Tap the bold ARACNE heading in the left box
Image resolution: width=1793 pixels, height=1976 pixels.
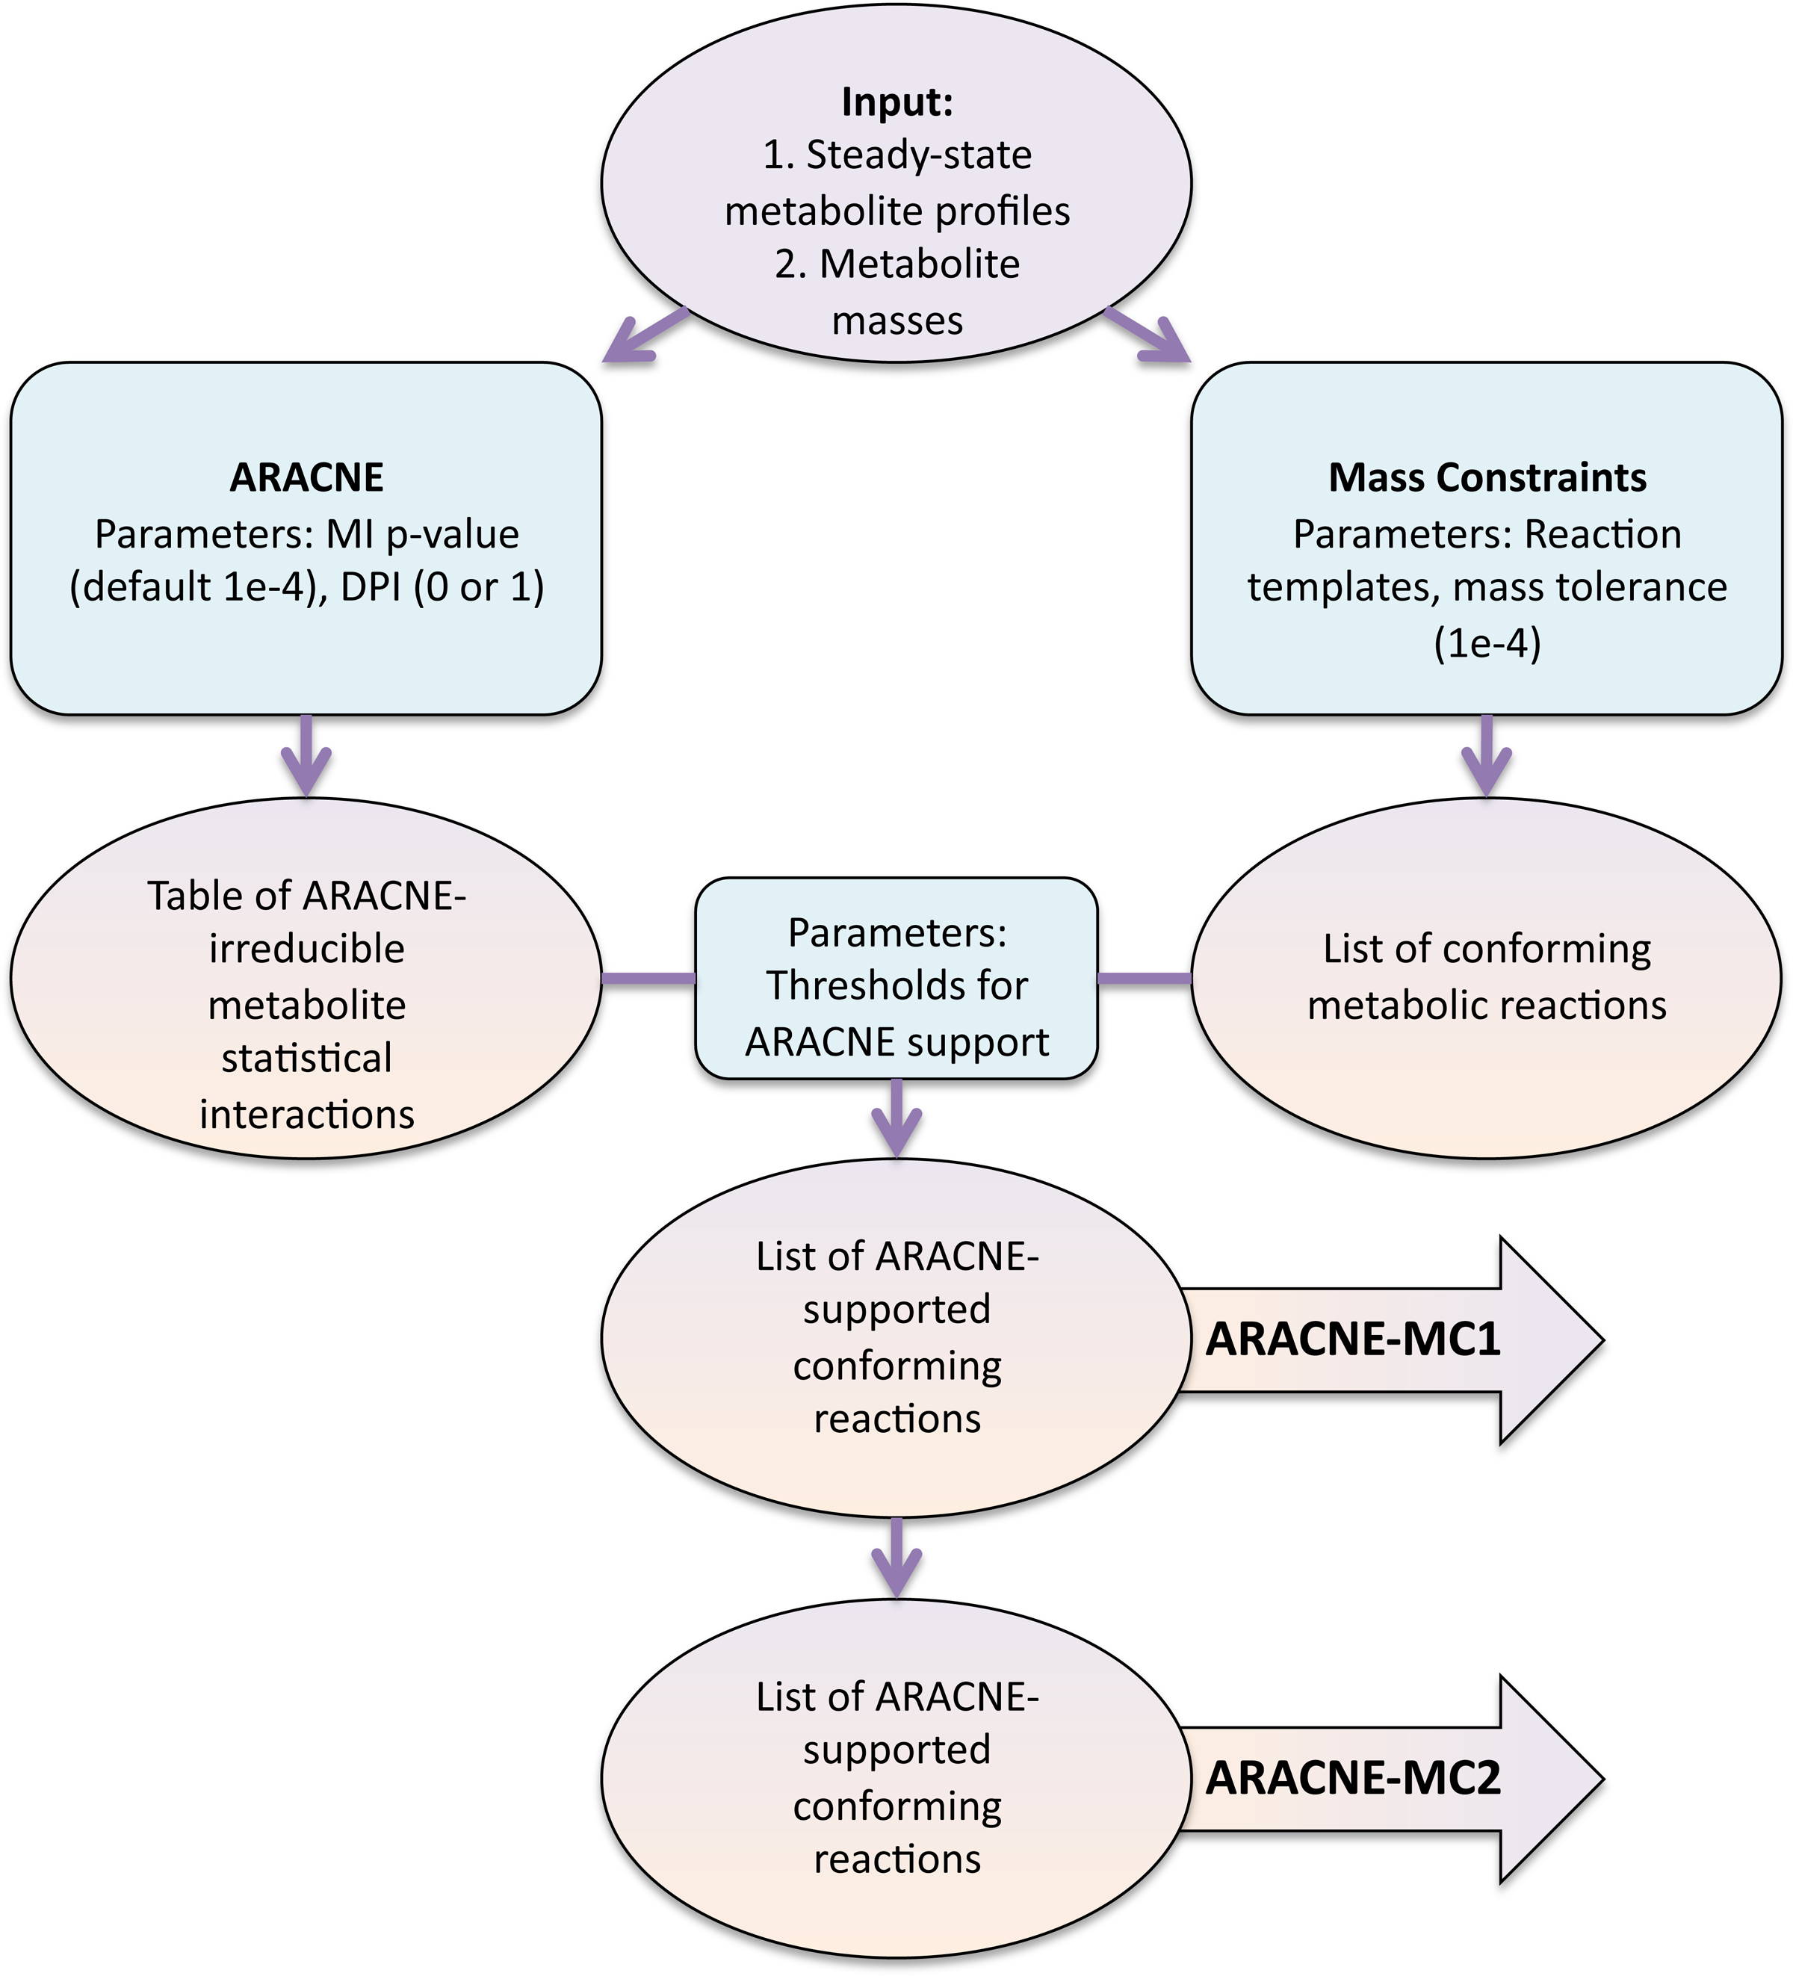coord(307,477)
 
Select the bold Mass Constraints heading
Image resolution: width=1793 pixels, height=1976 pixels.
coord(1487,477)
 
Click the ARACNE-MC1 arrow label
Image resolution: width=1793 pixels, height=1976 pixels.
coord(1353,1339)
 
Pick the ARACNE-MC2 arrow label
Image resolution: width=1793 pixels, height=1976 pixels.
coord(1353,1778)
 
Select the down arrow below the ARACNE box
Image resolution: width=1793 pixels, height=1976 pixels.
coord(307,756)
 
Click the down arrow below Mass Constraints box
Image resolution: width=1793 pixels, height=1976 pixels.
coord(1487,756)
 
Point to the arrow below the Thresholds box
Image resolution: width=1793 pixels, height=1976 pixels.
coord(897,1118)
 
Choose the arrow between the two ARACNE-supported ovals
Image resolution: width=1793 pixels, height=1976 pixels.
coord(897,1558)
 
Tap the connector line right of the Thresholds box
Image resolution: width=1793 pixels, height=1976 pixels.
coord(1144,978)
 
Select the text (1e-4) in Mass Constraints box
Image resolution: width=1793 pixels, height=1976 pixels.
coord(1487,644)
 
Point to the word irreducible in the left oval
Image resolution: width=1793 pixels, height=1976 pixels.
coord(307,949)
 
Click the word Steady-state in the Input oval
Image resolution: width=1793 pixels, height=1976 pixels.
coord(919,156)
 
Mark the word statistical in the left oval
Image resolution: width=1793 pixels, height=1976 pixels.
coord(307,1059)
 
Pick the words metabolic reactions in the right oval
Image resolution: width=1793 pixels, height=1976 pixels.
coord(1487,1006)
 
